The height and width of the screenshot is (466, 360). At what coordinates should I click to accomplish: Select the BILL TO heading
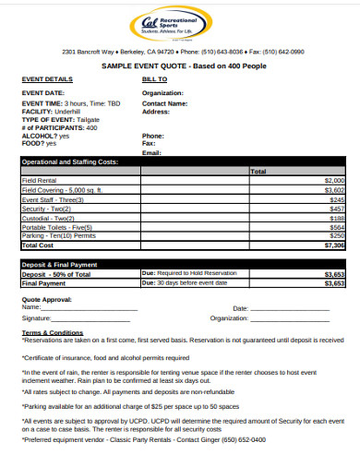pos(154,80)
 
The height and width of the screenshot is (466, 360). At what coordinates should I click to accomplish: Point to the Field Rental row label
pos(42,181)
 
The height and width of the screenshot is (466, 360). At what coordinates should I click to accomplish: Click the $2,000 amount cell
pos(334,181)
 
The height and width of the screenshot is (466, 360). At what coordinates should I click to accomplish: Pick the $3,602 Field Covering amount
pos(334,190)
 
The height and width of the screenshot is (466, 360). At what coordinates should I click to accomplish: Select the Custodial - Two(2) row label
pos(49,218)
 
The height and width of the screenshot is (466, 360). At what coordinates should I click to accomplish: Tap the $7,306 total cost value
pos(334,245)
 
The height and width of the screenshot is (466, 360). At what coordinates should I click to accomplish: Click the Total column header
pos(258,172)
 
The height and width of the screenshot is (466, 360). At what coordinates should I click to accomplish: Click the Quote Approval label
pos(45,299)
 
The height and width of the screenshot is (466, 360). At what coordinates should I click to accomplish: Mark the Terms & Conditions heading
pos(53,331)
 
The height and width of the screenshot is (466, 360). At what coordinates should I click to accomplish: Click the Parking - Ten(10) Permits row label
pos(60,236)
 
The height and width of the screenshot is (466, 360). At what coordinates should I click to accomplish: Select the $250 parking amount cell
pos(337,236)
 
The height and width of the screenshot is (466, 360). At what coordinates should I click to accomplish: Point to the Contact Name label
pos(165,103)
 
